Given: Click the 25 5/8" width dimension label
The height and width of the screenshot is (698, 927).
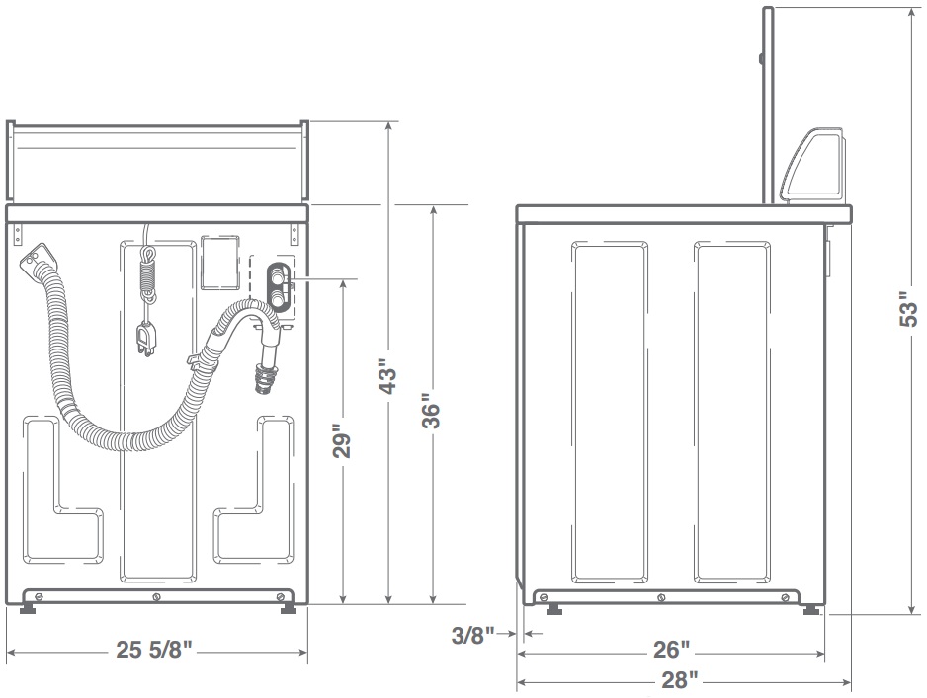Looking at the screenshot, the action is [154, 650].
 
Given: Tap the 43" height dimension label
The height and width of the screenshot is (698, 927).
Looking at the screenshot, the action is [388, 377].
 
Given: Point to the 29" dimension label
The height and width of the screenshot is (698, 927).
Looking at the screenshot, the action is [342, 440].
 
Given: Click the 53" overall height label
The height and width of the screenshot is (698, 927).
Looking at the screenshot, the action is [908, 309].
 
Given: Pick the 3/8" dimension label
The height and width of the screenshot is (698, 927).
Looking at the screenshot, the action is [472, 636].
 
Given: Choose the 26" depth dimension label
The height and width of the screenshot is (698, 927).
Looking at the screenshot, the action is [672, 650].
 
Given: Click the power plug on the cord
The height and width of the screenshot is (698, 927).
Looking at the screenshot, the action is [145, 341].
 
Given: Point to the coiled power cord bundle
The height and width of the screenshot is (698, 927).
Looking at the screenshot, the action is [146, 274].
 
